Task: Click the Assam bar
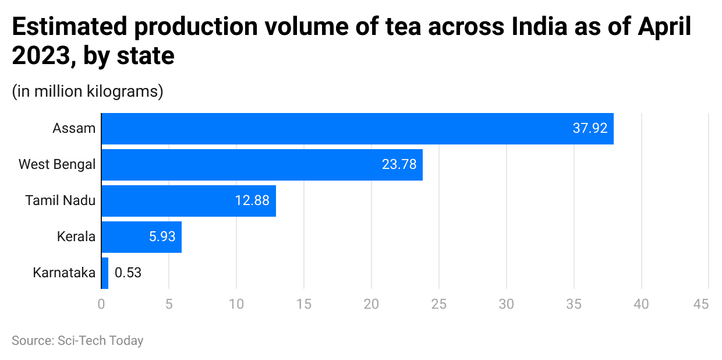(x=357, y=128)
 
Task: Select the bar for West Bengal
(x=261, y=164)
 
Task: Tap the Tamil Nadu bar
(x=188, y=200)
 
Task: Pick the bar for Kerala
(x=141, y=237)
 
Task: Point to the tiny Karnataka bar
(x=105, y=273)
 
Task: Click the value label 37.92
(x=590, y=128)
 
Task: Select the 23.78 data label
(x=399, y=164)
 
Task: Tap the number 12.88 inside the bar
(x=252, y=200)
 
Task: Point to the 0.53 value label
(x=128, y=273)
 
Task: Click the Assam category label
(x=74, y=128)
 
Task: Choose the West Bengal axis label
(x=57, y=164)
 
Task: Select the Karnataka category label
(x=64, y=273)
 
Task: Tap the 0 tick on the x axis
(x=101, y=304)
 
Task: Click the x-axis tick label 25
(x=438, y=304)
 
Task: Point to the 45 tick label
(x=701, y=304)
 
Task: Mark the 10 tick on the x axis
(x=236, y=304)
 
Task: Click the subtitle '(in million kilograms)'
(x=87, y=91)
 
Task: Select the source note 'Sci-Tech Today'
(x=100, y=341)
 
